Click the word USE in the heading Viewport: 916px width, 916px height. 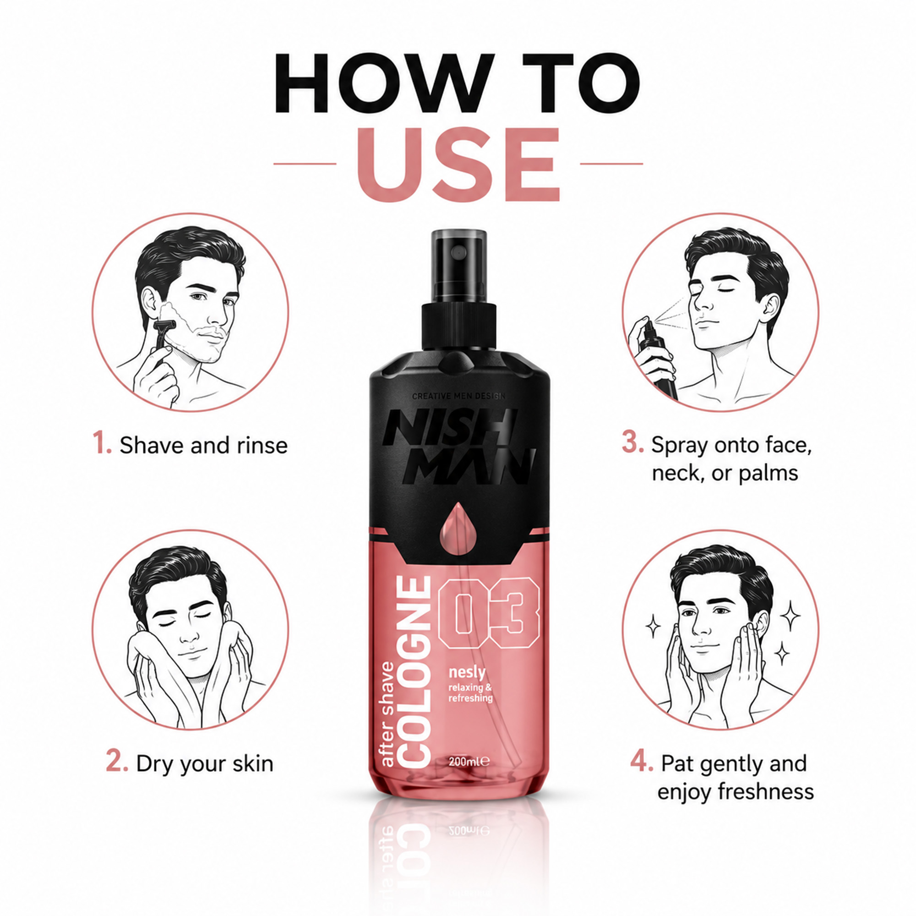458,164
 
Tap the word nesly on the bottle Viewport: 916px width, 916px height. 467,673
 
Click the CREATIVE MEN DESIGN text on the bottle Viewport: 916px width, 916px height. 458,396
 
